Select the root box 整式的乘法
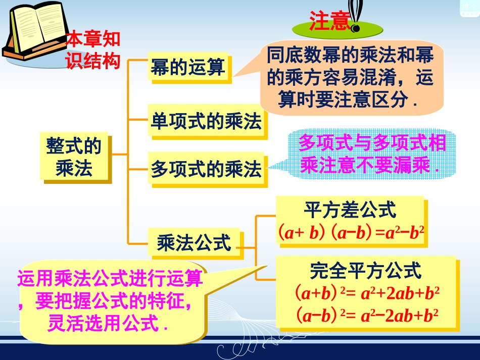74,158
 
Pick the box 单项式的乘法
206,122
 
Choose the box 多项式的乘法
206,169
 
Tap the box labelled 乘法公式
194,243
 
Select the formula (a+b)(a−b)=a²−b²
350,232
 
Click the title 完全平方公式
365,271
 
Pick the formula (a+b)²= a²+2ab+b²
366,293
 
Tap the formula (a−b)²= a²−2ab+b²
366,316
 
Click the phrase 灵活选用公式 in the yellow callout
107,324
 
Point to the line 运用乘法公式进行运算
110,278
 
